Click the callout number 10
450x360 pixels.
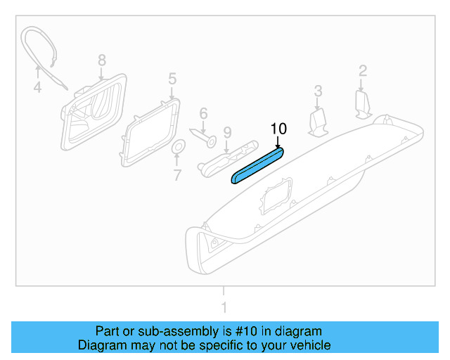[x=279, y=129]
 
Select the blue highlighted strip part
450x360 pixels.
[x=258, y=165]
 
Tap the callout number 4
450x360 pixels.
[x=37, y=88]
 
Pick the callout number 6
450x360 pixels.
[x=203, y=113]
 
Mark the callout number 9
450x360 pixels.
[x=227, y=132]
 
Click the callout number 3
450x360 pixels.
[x=318, y=91]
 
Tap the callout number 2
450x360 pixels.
[x=363, y=70]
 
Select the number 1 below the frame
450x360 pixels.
[x=224, y=307]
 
